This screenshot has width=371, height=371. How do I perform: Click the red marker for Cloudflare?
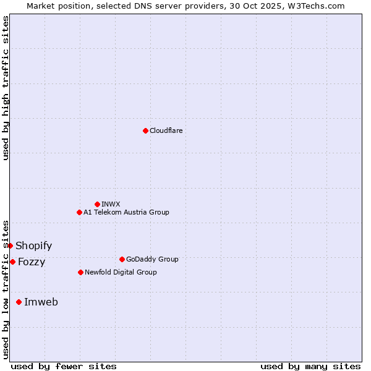(x=145, y=130)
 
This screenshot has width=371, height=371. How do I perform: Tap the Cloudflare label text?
(x=166, y=130)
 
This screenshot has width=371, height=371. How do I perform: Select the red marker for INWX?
(x=97, y=204)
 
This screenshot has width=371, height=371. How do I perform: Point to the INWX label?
(x=111, y=204)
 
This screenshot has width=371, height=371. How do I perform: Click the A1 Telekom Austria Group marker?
(x=79, y=212)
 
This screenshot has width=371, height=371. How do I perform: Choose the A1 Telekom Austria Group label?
(x=126, y=212)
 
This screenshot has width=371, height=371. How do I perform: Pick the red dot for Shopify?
(x=10, y=245)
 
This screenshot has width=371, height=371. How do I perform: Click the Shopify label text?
(x=34, y=246)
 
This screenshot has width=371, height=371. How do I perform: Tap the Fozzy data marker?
(x=12, y=262)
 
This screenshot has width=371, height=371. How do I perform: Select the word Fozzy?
(x=32, y=262)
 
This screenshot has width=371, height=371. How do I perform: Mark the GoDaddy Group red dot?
(x=122, y=259)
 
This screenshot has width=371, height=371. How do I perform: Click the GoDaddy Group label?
(x=152, y=259)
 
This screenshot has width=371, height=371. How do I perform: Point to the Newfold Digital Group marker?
(x=80, y=272)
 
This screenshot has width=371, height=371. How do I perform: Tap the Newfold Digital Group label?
(x=121, y=272)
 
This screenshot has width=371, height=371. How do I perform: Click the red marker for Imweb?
(x=19, y=302)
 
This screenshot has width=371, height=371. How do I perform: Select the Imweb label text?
(x=41, y=302)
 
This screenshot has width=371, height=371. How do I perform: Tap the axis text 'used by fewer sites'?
(x=64, y=366)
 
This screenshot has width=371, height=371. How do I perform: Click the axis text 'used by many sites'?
(x=310, y=366)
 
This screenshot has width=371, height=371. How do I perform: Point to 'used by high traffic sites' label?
(x=6, y=88)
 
